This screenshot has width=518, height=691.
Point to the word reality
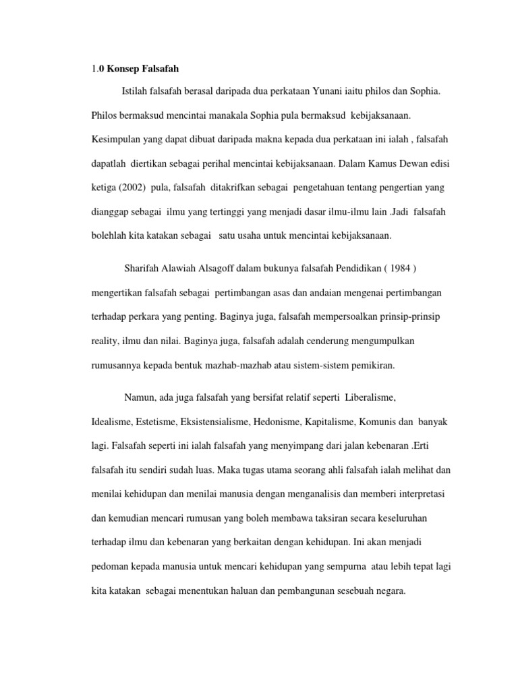click(105, 341)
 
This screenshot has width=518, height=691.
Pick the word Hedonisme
click(278, 422)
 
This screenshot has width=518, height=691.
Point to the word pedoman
click(109, 568)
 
